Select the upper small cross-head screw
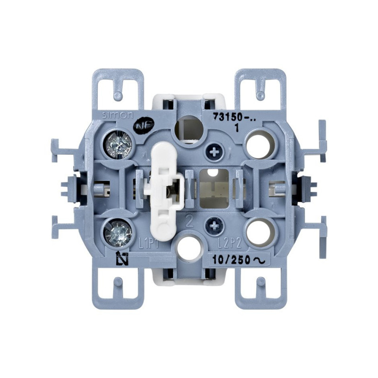[x=215, y=152]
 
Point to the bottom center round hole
[x=187, y=247]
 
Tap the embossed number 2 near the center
[x=189, y=220]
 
